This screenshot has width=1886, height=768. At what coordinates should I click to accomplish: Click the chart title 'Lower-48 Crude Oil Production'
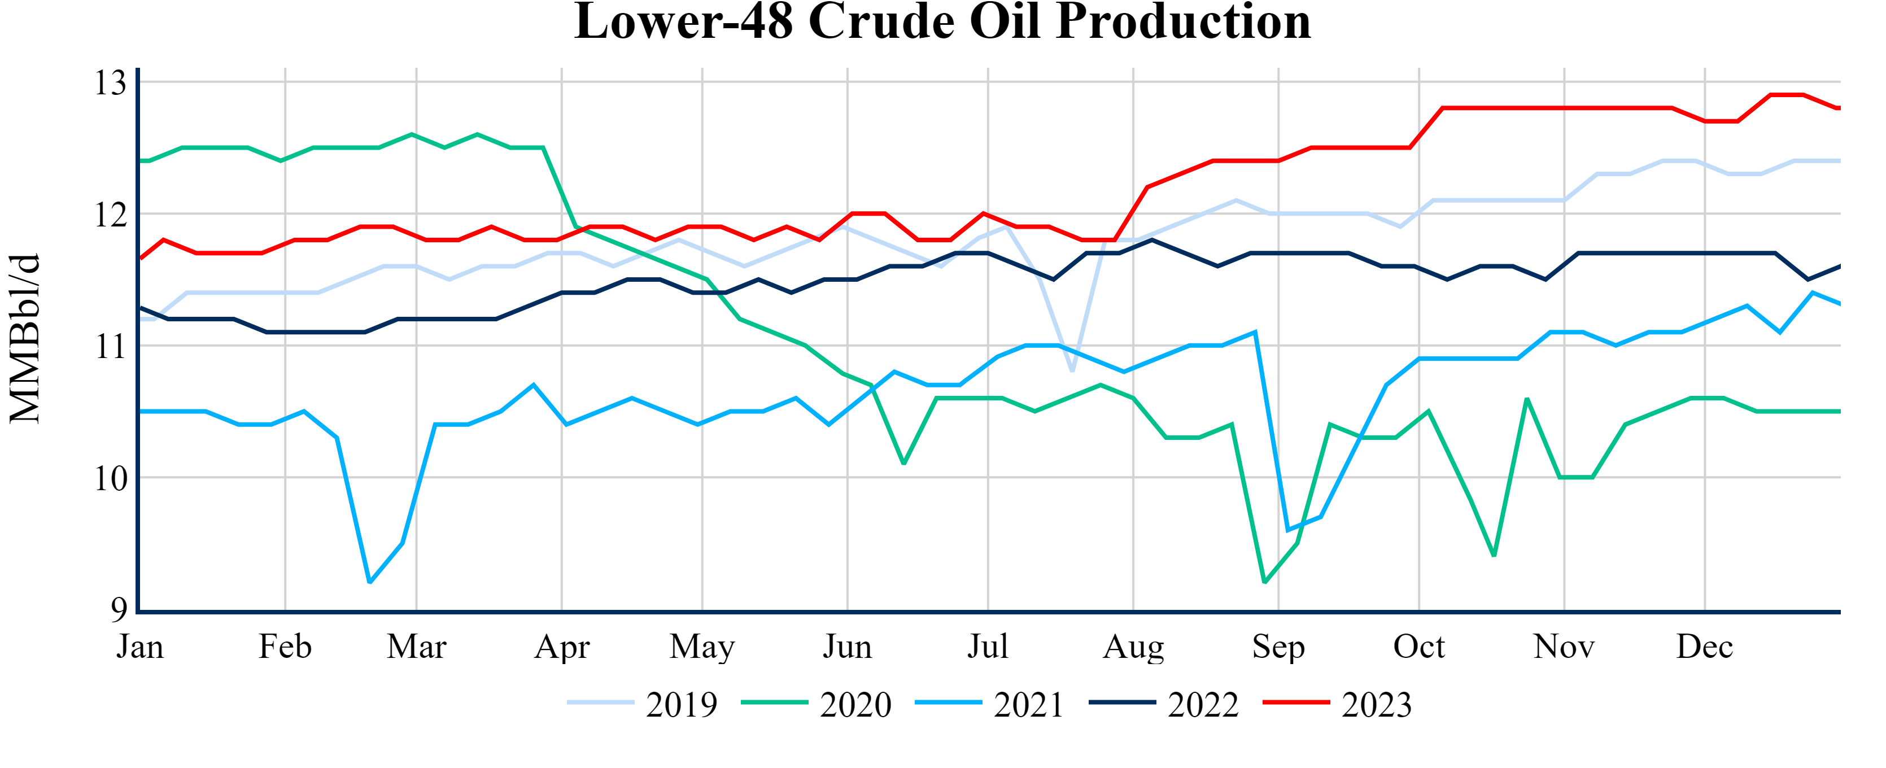tap(942, 22)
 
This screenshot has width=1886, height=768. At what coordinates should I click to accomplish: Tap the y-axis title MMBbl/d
tap(25, 338)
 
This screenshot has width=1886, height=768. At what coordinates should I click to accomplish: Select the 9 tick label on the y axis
tap(119, 609)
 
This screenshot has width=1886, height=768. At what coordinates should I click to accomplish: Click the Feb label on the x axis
tap(285, 647)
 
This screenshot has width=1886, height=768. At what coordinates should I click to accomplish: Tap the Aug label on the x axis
tap(1133, 647)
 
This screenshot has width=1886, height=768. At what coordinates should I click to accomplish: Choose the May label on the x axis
tap(702, 647)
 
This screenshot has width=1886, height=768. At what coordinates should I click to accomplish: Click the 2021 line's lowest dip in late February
tap(370, 582)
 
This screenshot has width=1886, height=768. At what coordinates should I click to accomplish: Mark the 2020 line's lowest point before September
tap(1265, 582)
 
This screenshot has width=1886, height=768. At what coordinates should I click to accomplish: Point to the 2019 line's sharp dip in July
tap(1072, 371)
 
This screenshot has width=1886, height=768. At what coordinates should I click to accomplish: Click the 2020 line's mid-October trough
tap(1494, 556)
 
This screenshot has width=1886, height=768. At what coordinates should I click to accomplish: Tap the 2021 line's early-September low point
tap(1288, 530)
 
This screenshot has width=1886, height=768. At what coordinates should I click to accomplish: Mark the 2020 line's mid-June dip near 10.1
tap(904, 464)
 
